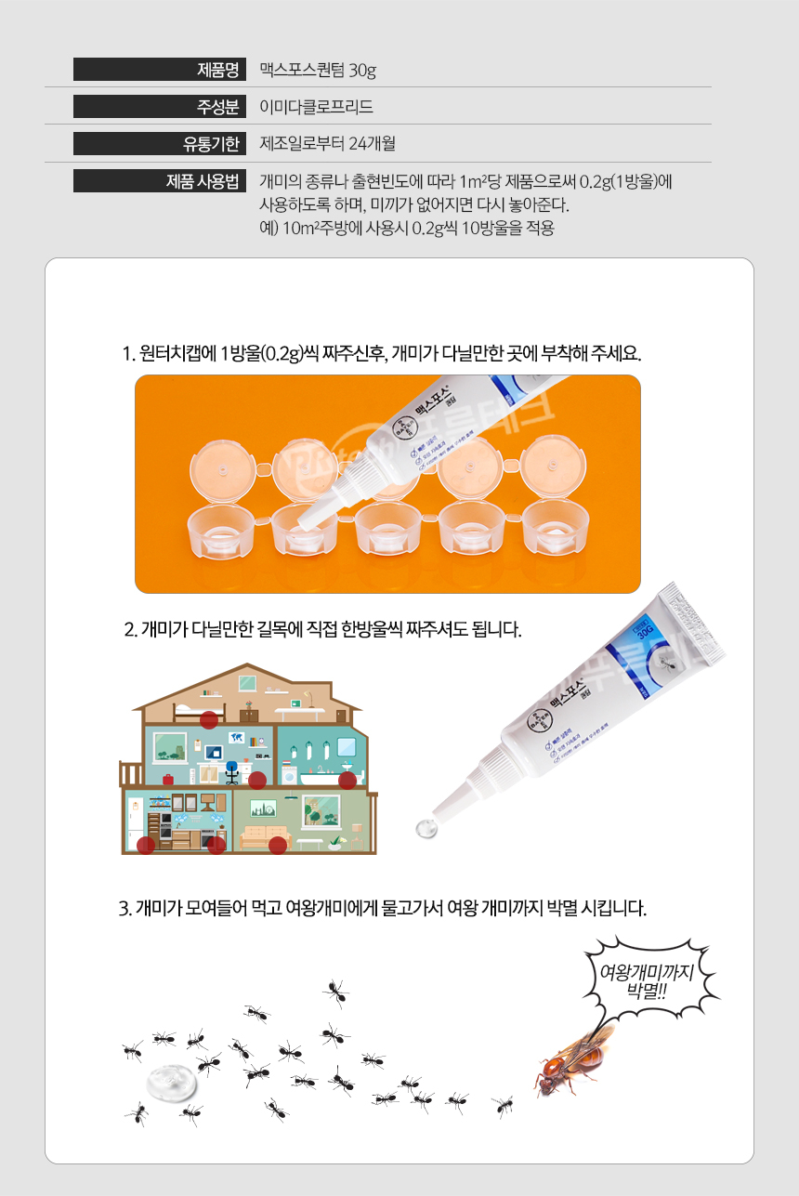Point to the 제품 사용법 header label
203,181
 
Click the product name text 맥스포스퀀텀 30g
318,70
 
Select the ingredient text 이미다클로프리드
317,107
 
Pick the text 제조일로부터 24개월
328,144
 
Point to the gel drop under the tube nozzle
426,826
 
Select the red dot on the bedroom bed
209,719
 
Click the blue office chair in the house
231,771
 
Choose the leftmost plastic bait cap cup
221,531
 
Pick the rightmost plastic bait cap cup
555,531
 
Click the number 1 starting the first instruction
126,354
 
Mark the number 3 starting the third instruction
124,907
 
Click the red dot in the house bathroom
347,780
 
